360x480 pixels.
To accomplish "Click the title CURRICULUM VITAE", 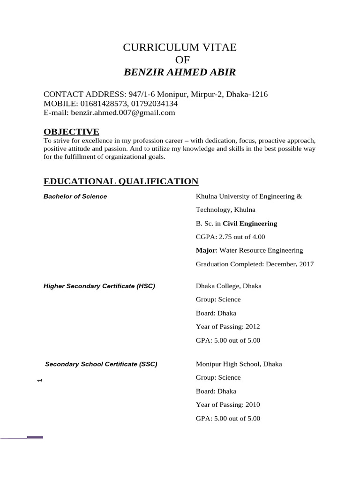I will tap(180, 47).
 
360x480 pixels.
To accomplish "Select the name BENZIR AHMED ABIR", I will tap(180, 72).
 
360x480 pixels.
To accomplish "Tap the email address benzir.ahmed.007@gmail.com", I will tap(123, 112).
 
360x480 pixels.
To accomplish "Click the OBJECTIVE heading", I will tap(71, 131).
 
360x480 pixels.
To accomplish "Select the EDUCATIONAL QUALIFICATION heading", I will tap(121, 181).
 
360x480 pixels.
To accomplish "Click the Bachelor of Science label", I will tap(75, 196).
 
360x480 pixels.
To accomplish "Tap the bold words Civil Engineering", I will tap(250, 224).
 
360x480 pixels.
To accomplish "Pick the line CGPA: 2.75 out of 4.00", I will tap(228, 237).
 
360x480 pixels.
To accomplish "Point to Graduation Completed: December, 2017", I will tap(255, 264).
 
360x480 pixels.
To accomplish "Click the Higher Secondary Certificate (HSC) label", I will tap(99, 286).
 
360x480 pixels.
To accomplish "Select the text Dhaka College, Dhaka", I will tap(228, 286).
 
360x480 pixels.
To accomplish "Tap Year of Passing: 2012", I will tap(227, 327).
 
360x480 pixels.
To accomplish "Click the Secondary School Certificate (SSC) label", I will tap(101, 364).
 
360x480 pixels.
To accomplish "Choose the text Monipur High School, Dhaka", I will tap(239, 364).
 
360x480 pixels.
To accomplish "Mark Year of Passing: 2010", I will tap(227, 405).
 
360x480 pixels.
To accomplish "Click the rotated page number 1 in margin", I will tap(40, 380).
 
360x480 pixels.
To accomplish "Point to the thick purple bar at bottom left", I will tap(35, 437).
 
